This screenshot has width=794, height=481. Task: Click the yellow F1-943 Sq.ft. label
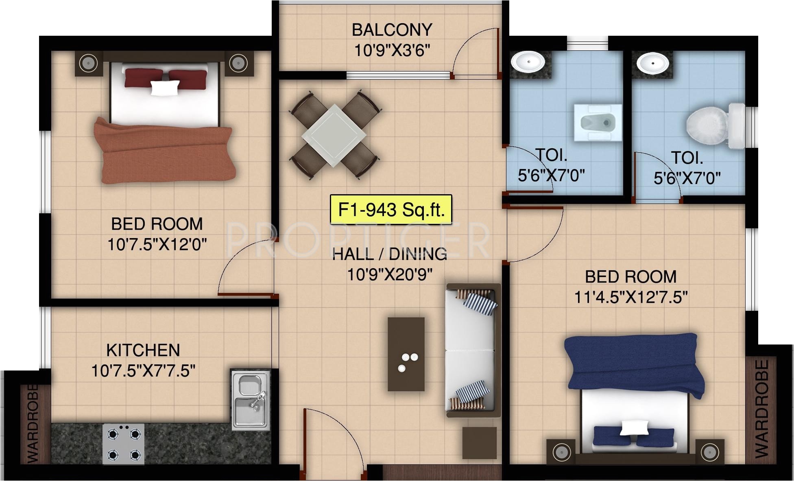click(391, 210)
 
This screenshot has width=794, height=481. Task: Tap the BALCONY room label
click(392, 30)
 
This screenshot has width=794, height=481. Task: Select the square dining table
click(334, 135)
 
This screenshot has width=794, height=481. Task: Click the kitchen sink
click(251, 400)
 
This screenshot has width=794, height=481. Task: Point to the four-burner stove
click(124, 444)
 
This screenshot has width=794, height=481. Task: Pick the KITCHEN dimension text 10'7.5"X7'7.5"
click(143, 371)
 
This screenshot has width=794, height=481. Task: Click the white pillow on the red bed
click(165, 88)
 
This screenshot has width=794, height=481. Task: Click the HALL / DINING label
click(390, 254)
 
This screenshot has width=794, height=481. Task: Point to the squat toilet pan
click(597, 123)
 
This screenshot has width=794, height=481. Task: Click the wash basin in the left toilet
click(528, 62)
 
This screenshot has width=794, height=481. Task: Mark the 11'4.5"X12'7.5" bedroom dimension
click(631, 297)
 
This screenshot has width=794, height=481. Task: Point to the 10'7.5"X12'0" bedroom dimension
click(157, 245)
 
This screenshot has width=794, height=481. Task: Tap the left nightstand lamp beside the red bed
click(87, 63)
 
